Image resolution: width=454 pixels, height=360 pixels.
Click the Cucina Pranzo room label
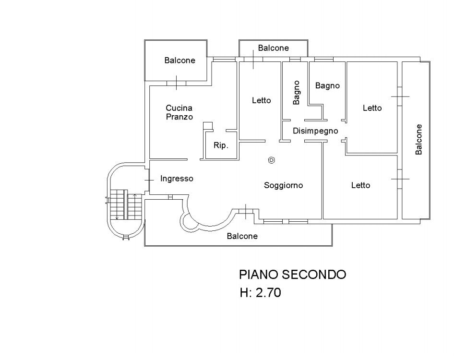(x=179, y=112)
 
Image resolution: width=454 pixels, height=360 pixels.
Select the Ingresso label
(x=177, y=179)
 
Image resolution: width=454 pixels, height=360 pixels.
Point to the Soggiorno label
(x=283, y=185)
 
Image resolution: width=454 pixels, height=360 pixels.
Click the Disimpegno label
(x=316, y=131)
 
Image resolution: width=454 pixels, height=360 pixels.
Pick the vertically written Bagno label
(x=297, y=92)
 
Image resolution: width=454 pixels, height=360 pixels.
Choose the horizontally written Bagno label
(x=327, y=85)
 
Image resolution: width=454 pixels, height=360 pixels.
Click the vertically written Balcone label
(x=419, y=139)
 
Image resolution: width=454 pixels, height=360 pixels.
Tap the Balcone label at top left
(x=179, y=60)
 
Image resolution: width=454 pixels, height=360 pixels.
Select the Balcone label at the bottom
(x=242, y=236)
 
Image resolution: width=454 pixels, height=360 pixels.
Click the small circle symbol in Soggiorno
(x=272, y=160)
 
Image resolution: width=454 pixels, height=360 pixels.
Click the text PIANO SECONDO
(x=292, y=275)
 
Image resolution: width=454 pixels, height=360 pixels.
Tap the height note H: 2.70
(x=260, y=292)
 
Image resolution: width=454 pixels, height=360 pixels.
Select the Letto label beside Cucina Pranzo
(x=261, y=100)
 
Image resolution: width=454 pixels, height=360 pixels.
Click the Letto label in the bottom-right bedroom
(x=360, y=185)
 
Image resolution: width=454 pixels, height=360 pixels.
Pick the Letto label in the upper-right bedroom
(x=372, y=108)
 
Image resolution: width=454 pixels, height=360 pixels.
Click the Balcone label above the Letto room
(x=273, y=48)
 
